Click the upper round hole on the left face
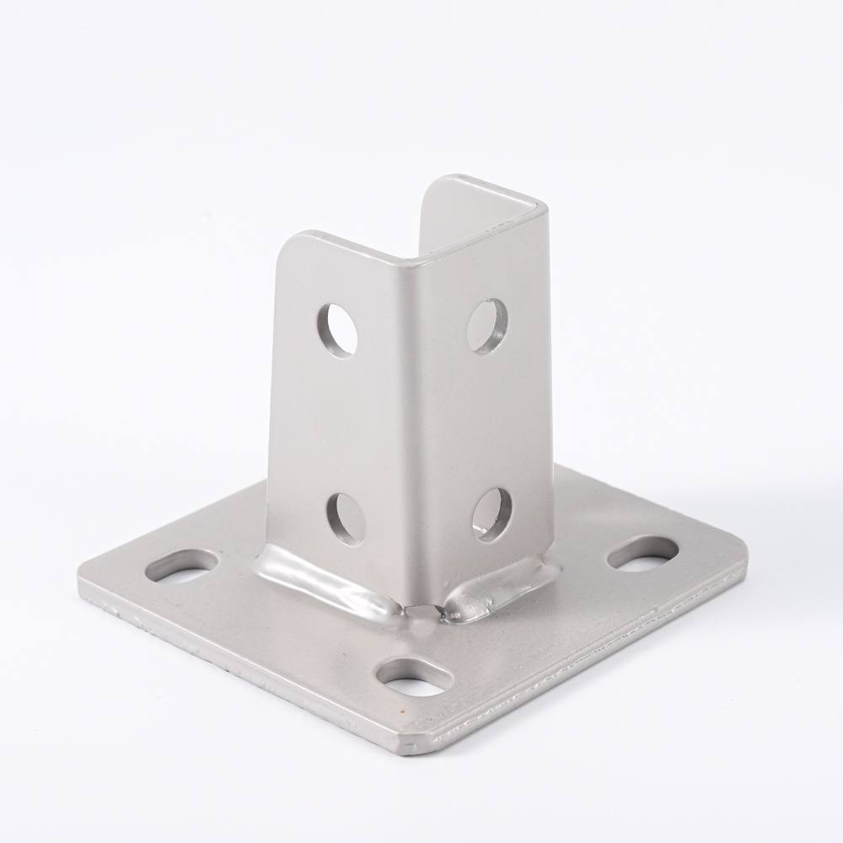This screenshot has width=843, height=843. click(x=337, y=330)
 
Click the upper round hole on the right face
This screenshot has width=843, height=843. click(x=486, y=325)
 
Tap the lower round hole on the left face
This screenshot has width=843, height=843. click(x=346, y=518)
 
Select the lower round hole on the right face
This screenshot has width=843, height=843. click(x=492, y=513)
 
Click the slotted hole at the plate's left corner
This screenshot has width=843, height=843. click(x=182, y=566)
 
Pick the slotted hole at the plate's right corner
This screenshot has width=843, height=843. click(x=642, y=553)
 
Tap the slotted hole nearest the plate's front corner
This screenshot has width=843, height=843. click(x=414, y=677)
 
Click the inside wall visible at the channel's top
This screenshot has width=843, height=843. click(x=472, y=211)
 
